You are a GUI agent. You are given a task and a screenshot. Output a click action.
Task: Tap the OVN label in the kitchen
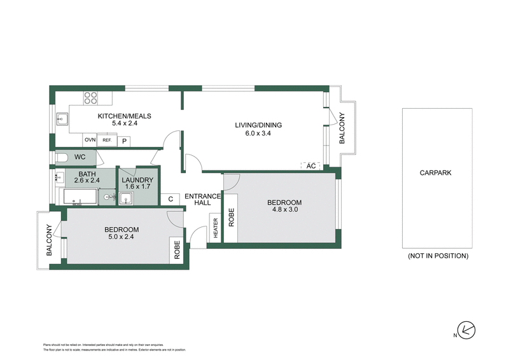90,141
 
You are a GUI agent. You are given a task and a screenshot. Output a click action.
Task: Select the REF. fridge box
107,141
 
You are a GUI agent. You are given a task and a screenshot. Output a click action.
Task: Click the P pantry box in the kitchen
124,141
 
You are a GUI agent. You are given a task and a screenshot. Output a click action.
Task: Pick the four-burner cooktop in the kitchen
91,98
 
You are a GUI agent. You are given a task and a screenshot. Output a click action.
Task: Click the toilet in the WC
62,157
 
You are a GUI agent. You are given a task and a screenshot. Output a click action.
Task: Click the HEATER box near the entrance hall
216,228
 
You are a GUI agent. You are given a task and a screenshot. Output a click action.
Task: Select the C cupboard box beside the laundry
171,199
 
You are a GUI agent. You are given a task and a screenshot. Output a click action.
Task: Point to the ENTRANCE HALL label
203,199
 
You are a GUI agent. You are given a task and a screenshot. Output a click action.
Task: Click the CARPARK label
436,172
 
